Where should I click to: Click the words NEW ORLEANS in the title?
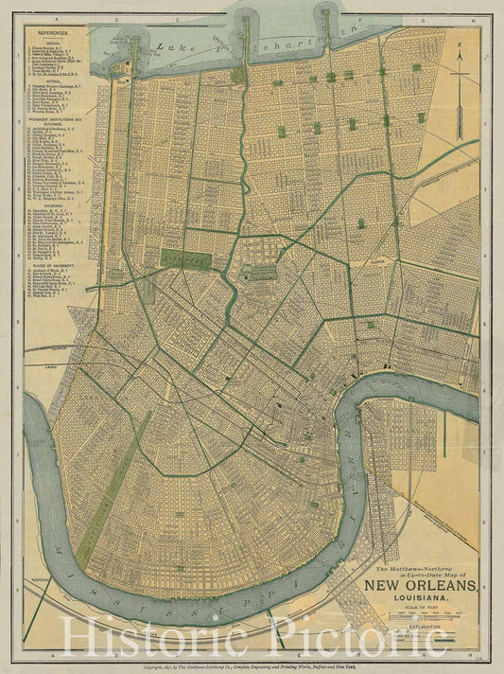(420, 586)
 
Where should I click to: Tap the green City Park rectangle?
(185, 257)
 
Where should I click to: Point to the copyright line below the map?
(252, 666)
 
